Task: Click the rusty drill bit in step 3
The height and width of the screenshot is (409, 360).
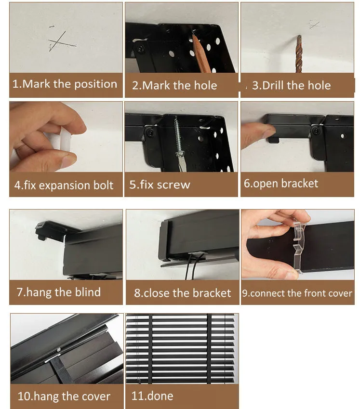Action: point(299,54)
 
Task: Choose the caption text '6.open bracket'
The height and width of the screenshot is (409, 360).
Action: point(281,184)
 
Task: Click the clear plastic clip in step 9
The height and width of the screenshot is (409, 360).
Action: point(299,246)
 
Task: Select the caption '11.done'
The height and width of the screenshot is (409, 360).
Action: point(152,396)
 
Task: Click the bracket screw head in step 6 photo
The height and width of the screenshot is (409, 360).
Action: point(316,131)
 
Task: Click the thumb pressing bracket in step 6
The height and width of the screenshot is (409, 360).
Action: point(257,134)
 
